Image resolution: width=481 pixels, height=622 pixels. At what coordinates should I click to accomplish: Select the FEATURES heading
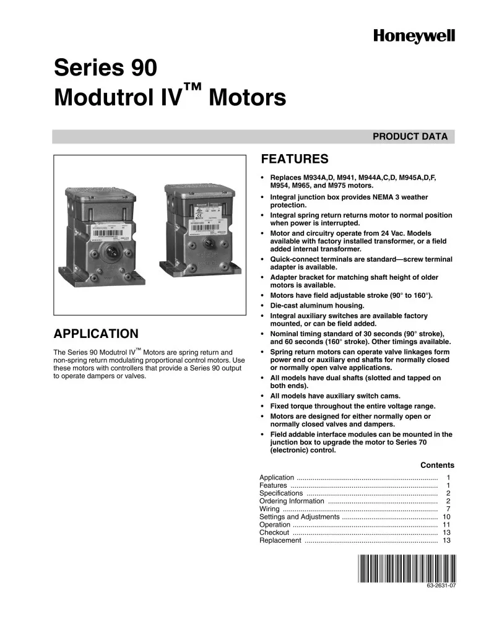pos(294,159)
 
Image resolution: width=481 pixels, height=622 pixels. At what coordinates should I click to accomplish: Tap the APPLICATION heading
pos(96,334)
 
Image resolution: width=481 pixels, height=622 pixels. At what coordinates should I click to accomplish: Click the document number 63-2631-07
pos(441,585)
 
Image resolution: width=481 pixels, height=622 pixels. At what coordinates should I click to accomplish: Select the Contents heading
pos(437,465)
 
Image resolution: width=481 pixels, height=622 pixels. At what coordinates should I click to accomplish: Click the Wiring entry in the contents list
pos(269,509)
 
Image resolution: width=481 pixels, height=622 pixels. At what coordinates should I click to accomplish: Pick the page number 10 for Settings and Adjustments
pos(446,517)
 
